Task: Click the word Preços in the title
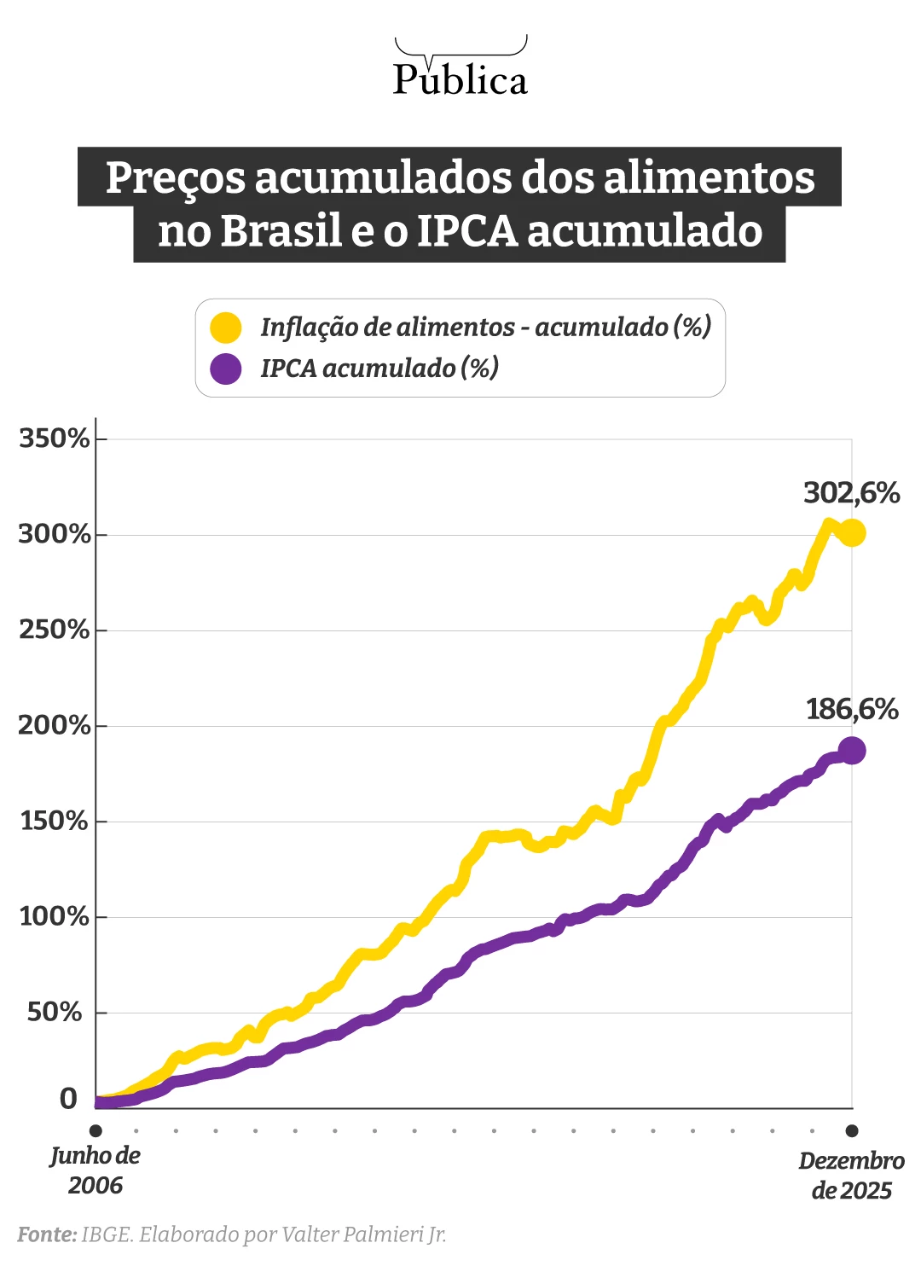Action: click(x=175, y=177)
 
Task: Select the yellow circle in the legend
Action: click(x=225, y=328)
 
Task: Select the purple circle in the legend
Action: click(x=225, y=369)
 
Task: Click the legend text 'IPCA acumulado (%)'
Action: click(x=379, y=369)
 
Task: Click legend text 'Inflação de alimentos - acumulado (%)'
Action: click(x=485, y=328)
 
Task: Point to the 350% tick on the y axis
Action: click(x=55, y=438)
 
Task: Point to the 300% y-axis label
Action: click(x=55, y=534)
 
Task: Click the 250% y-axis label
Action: click(x=55, y=630)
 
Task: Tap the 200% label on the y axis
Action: click(x=55, y=725)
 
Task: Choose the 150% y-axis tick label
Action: click(x=55, y=821)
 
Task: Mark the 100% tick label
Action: click(x=55, y=916)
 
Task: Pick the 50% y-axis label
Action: click(x=55, y=1012)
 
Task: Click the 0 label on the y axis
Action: click(x=68, y=1099)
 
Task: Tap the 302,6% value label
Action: click(x=851, y=493)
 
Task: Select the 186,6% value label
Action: click(x=852, y=709)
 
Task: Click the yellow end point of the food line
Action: click(x=852, y=533)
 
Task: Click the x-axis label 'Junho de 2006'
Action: click(x=95, y=1170)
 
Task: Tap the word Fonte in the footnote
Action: click(x=47, y=1234)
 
